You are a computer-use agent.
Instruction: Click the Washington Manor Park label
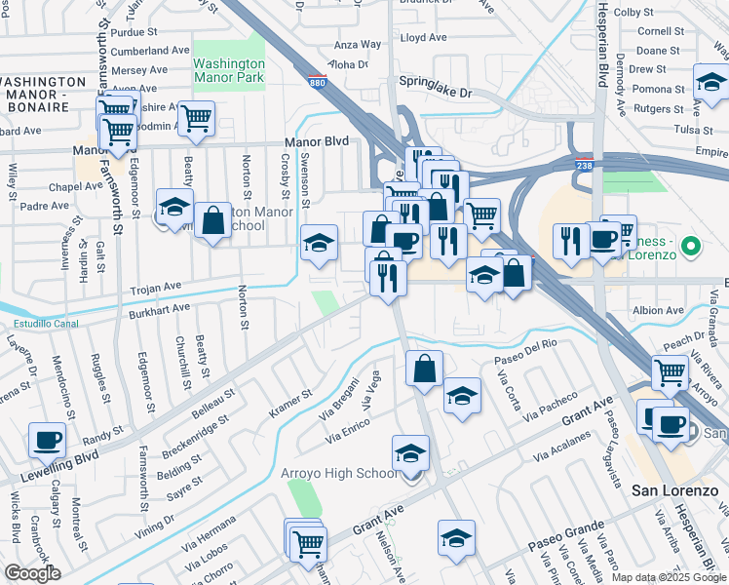click(229, 71)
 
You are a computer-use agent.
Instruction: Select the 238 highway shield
click(584, 167)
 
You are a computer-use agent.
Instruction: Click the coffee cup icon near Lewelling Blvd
click(48, 441)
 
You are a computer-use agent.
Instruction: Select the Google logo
click(32, 572)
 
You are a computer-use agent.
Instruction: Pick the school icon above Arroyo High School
click(411, 453)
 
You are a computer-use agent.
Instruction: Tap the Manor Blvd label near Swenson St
click(316, 142)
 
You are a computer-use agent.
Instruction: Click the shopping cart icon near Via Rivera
click(669, 371)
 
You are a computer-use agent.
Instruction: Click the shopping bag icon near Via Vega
click(424, 369)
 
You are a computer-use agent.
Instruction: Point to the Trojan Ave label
click(156, 288)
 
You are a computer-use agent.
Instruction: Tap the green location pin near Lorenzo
click(691, 246)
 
